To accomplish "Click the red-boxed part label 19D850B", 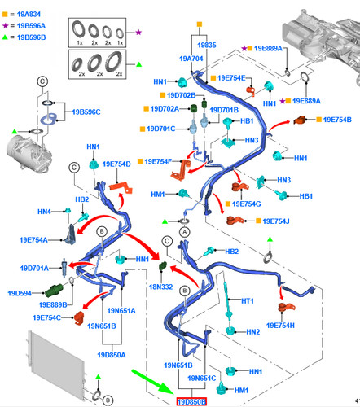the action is pyautogui.click(x=191, y=401).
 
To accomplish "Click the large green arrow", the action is pyautogui.click(x=152, y=382).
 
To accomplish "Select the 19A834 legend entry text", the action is pyautogui.click(x=29, y=14).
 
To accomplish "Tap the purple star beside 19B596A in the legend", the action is pyautogui.click(x=5, y=26).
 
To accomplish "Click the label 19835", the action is pyautogui.click(x=207, y=45).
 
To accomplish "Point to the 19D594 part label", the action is pyautogui.click(x=20, y=293).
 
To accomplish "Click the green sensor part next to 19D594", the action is pyautogui.click(x=54, y=291).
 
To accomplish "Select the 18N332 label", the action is pyautogui.click(x=161, y=287).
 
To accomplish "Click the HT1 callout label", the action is pyautogui.click(x=248, y=300).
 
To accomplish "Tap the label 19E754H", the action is pyautogui.click(x=280, y=326).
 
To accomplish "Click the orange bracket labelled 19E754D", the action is pyautogui.click(x=121, y=188).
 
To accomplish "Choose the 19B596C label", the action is pyautogui.click(x=86, y=112).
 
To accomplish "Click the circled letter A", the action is pyautogui.click(x=185, y=232).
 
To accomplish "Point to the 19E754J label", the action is pyautogui.click(x=276, y=221).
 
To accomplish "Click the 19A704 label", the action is pyautogui.click(x=191, y=59).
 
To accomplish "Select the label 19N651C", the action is pyautogui.click(x=202, y=379).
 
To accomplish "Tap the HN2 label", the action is pyautogui.click(x=253, y=331).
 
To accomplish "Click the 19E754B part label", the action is pyautogui.click(x=337, y=120).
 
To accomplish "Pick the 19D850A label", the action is pyautogui.click(x=112, y=355).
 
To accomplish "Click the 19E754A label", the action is pyautogui.click(x=33, y=240).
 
